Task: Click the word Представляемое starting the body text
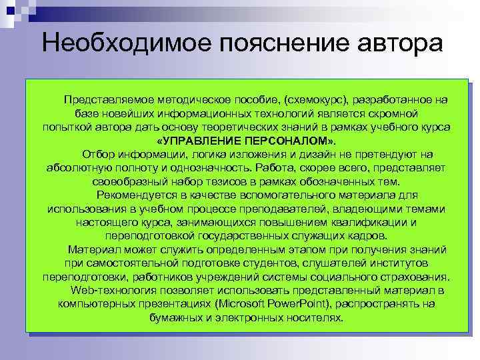point(107,99)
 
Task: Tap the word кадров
point(365,236)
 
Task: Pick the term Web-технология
point(106,291)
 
